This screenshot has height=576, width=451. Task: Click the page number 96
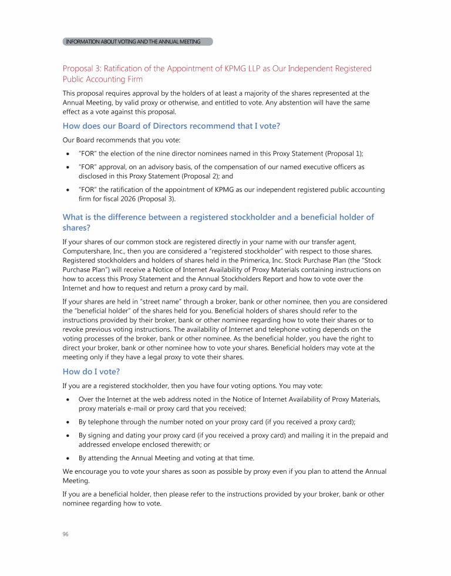pos(66,534)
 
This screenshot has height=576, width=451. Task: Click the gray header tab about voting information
pos(137,42)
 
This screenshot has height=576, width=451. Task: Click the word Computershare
pos(89,251)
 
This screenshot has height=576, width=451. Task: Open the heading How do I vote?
pos(91,371)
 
